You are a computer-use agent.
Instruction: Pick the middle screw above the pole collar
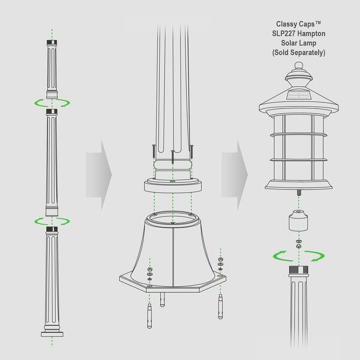(x=173, y=155)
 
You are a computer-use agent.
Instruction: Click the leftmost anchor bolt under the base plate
(x=148, y=315)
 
